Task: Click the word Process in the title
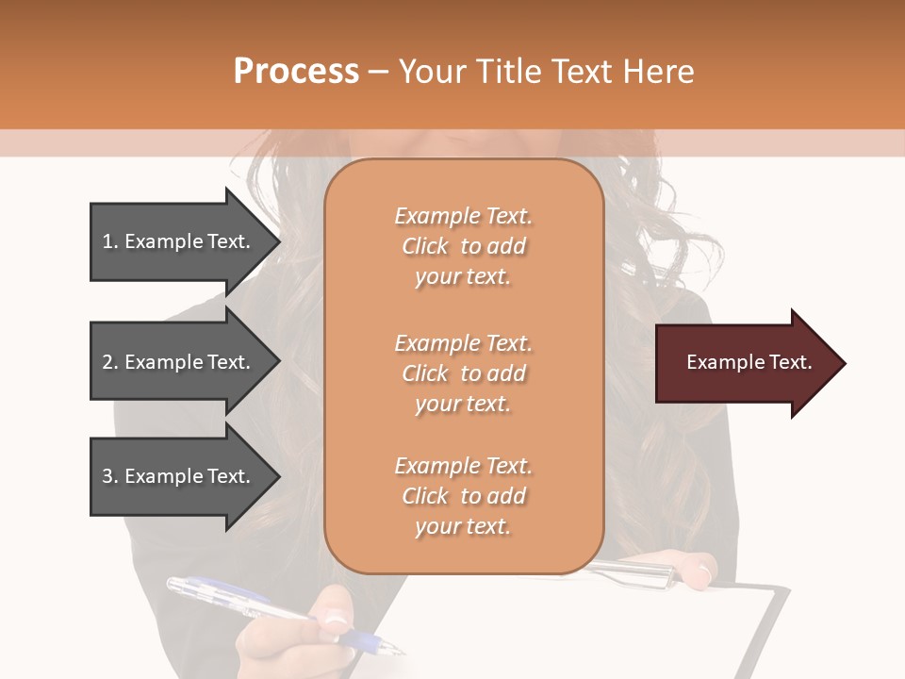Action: point(296,72)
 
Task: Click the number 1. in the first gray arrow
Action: point(110,241)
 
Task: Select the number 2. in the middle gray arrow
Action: point(110,362)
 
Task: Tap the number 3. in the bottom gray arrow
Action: point(110,476)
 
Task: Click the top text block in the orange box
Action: point(463,246)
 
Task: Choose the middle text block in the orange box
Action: point(463,373)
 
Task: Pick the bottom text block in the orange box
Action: point(463,496)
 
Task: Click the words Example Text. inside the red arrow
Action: point(749,362)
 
